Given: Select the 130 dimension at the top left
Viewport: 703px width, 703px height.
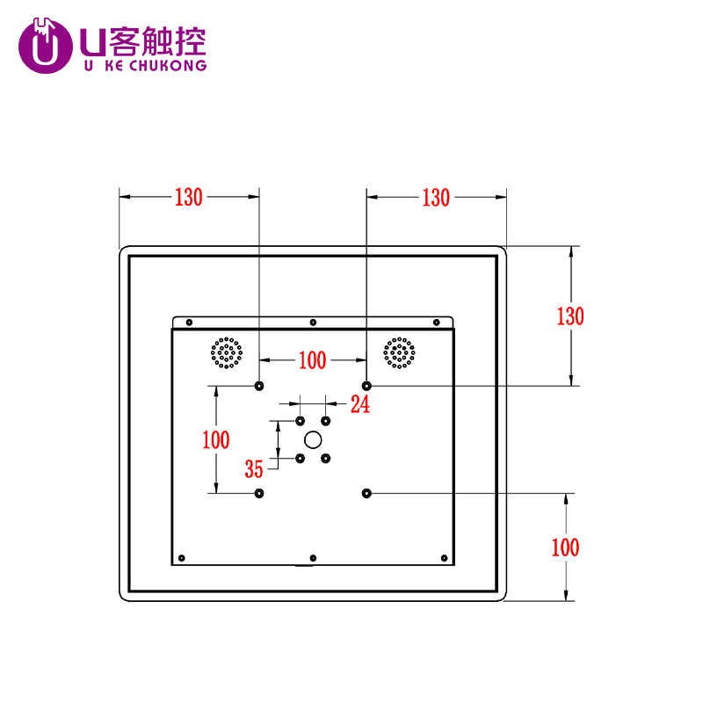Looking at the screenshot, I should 188,198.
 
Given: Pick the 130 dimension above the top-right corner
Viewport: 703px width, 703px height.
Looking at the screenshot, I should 436,198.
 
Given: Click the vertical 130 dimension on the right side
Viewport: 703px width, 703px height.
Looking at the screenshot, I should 570,316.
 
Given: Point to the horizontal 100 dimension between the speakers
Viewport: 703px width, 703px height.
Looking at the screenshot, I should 312,360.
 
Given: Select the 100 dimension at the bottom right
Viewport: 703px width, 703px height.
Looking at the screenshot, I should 565,547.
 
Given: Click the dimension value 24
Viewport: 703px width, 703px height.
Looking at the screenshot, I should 360,404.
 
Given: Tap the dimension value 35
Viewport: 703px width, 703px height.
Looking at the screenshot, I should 255,467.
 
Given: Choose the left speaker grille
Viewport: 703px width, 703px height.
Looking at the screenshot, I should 226,353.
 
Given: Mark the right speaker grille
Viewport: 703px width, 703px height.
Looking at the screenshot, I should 399,353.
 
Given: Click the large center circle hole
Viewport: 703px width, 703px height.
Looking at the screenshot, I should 313,439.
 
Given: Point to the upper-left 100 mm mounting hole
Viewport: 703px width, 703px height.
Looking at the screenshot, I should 259,386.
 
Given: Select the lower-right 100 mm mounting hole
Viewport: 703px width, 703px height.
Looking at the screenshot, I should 366,493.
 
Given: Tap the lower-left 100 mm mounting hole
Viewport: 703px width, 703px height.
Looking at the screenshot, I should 259,493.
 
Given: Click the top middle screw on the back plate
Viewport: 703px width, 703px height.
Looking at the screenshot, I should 313,323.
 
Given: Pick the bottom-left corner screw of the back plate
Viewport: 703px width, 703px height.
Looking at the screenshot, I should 182,557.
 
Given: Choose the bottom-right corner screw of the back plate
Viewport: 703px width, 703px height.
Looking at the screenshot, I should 444,557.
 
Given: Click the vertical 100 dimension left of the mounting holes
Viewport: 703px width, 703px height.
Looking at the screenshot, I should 216,439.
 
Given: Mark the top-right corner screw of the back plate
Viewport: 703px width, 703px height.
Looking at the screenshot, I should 436,323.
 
